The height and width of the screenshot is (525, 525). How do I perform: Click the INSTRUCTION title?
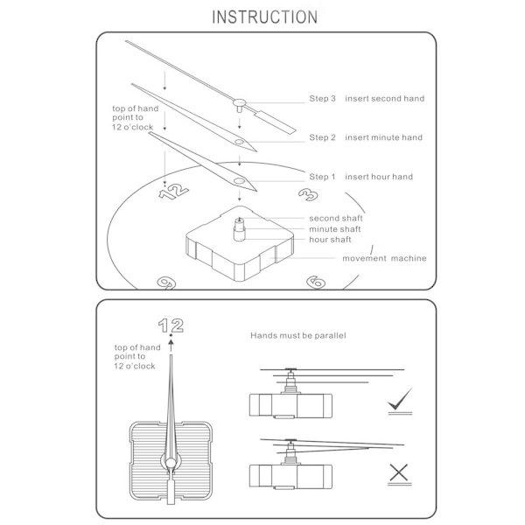pyautogui.click(x=265, y=17)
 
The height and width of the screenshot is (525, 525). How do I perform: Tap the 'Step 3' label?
pyautogui.click(x=322, y=98)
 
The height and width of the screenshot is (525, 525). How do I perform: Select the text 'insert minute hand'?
pyautogui.click(x=384, y=137)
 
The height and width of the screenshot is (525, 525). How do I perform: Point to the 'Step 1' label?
pyautogui.click(x=322, y=177)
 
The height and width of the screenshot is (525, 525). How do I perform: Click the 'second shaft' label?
pyautogui.click(x=336, y=218)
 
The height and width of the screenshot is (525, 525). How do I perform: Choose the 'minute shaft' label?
pyautogui.click(x=335, y=229)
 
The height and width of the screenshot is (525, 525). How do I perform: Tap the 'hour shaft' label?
pyautogui.click(x=330, y=240)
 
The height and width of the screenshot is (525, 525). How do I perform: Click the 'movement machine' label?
pyautogui.click(x=384, y=258)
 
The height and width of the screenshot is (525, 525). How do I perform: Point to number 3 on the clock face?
pyautogui.click(x=308, y=194)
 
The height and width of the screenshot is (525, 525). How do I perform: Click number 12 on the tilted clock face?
pyautogui.click(x=173, y=192)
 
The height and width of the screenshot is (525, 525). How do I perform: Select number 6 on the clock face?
pyautogui.click(x=316, y=282)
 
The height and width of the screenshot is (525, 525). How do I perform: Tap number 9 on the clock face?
pyautogui.click(x=166, y=283)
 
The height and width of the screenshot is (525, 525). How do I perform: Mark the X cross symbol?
pyautogui.click(x=399, y=472)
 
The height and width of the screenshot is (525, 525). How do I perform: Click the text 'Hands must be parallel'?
pyautogui.click(x=298, y=335)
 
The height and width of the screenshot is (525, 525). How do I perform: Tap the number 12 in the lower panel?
pyautogui.click(x=171, y=325)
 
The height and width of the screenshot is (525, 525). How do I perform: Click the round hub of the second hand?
pyautogui.click(x=240, y=102)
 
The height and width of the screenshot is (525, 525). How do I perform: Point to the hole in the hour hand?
pyautogui.click(x=239, y=181)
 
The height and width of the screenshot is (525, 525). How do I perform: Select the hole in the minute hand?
pyautogui.click(x=239, y=142)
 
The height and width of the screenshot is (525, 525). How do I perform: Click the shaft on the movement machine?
pyautogui.click(x=240, y=229)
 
